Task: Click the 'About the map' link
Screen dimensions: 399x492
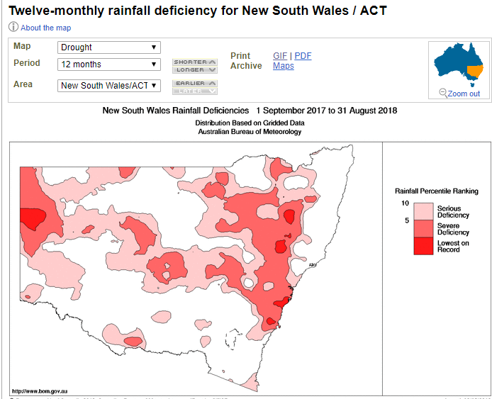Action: click(x=45, y=28)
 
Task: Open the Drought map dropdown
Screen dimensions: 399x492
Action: click(x=109, y=47)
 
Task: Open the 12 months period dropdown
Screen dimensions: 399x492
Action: click(x=109, y=64)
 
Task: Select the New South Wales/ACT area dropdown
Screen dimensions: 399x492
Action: click(x=109, y=86)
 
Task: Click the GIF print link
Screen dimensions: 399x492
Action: click(x=280, y=56)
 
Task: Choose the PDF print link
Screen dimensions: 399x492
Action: click(x=303, y=56)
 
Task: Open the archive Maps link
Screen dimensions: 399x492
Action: click(x=284, y=66)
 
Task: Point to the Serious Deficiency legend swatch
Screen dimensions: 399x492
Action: click(x=423, y=211)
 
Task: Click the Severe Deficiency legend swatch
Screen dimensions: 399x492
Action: click(x=423, y=228)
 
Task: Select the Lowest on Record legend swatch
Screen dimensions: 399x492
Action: click(x=423, y=246)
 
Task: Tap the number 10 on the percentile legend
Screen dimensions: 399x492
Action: click(x=406, y=203)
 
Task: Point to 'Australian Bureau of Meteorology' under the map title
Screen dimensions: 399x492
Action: click(x=250, y=132)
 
